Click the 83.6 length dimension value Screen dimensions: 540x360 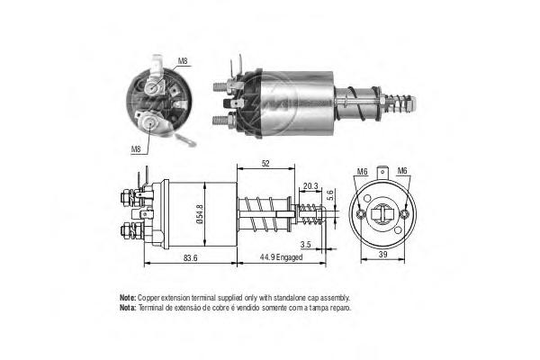[191, 257]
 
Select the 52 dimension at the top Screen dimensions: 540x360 [265, 164]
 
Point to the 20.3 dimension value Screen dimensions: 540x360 [310, 186]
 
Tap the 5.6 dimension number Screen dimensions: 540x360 [330, 195]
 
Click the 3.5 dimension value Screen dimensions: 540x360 [305, 244]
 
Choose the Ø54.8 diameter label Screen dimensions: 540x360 [200, 214]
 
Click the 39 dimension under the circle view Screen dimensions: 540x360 [382, 254]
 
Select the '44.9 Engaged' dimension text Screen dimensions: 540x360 [281, 257]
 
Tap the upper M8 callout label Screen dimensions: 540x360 [183, 61]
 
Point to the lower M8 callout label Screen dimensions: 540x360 [136, 149]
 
